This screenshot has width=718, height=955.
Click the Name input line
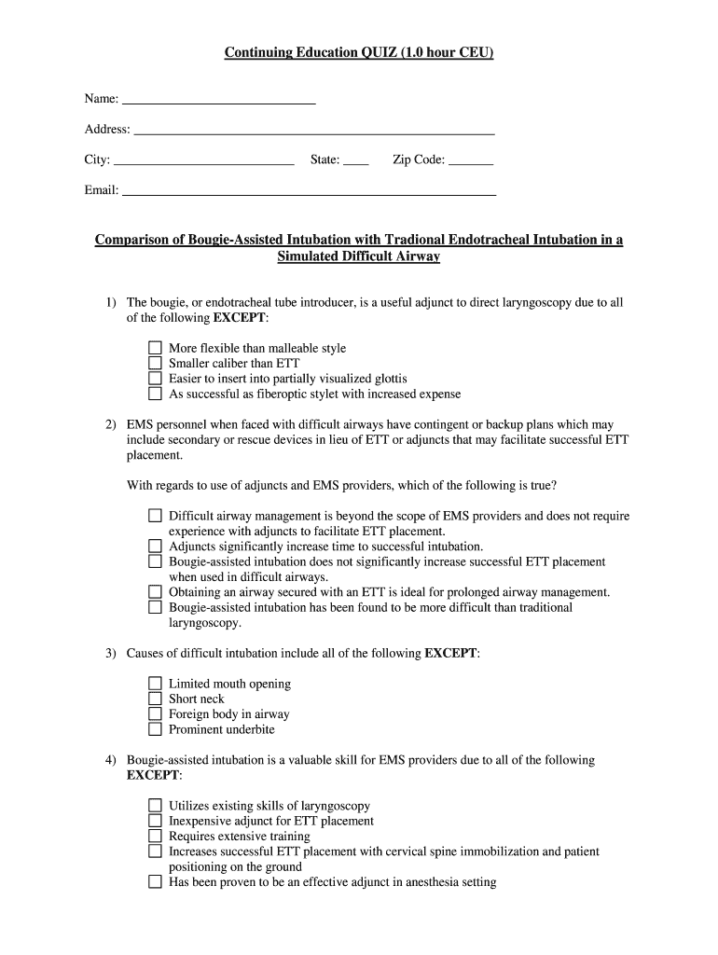(219, 99)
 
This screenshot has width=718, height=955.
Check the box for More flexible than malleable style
(156, 348)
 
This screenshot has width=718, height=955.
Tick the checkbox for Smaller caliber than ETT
(156, 364)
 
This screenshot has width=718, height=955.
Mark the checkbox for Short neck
(156, 699)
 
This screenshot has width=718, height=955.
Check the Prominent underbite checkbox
(156, 729)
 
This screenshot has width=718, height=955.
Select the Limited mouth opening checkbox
(156, 684)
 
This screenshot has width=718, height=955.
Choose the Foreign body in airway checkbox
(156, 714)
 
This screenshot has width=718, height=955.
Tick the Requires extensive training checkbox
(156, 837)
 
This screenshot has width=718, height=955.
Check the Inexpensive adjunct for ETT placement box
(156, 821)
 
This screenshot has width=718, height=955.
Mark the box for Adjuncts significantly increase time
(156, 547)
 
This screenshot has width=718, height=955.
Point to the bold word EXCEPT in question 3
(451, 653)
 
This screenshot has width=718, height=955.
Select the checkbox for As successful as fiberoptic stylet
(156, 394)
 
